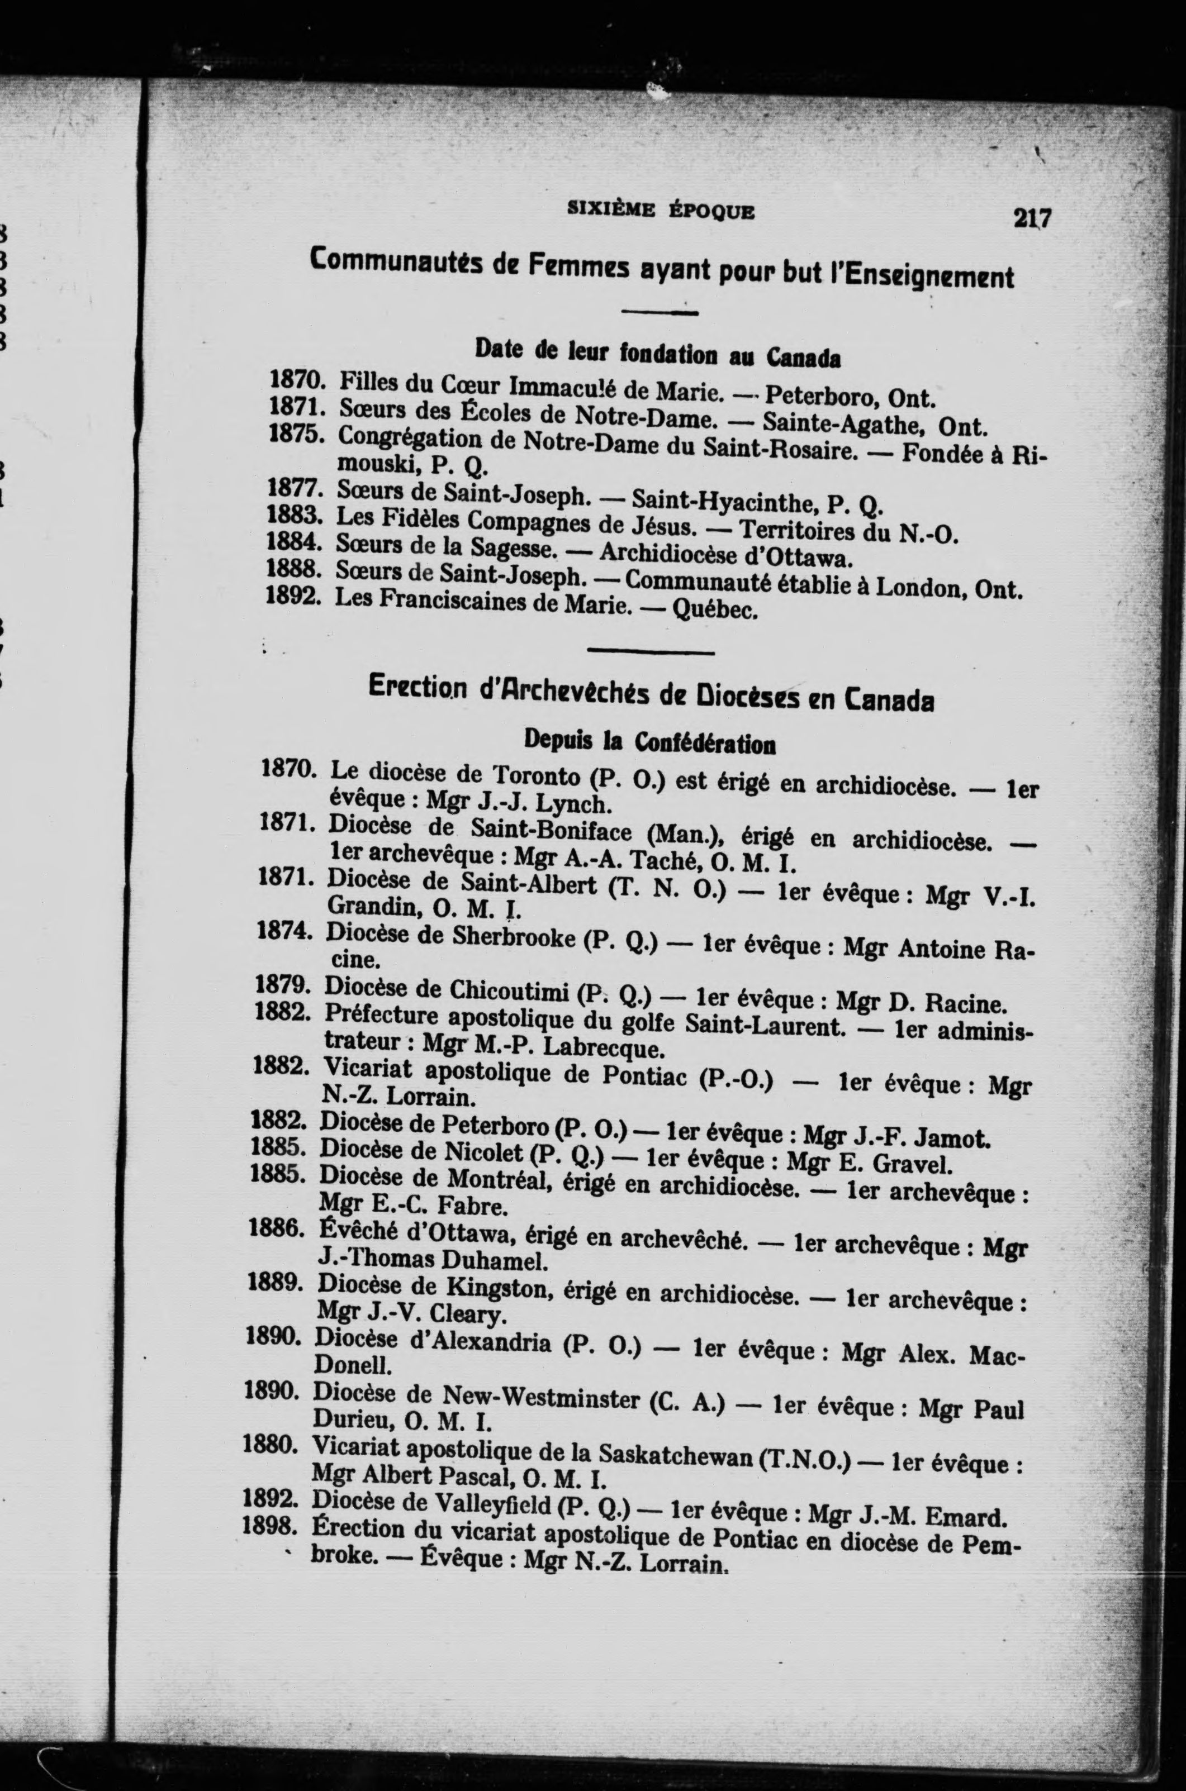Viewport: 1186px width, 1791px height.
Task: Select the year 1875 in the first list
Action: (295, 436)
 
